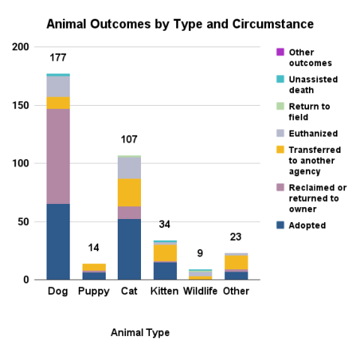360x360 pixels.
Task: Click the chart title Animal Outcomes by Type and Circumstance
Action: (x=180, y=24)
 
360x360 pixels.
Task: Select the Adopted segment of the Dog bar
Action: (x=58, y=241)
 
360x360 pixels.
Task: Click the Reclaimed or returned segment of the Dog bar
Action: (x=58, y=156)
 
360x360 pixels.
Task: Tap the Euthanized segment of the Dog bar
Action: (x=58, y=86)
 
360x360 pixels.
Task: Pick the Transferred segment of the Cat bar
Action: (x=129, y=192)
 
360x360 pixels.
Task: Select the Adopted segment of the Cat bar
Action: (x=129, y=249)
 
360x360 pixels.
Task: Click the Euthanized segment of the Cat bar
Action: (x=129, y=168)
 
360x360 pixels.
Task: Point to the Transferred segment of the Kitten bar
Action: (x=164, y=253)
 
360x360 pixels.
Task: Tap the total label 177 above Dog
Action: (x=58, y=58)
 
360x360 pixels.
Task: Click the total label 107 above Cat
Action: (x=129, y=139)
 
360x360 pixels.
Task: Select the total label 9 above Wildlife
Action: (x=199, y=253)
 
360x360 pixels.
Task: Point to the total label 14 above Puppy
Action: (x=94, y=248)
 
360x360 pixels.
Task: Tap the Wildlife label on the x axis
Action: (x=199, y=291)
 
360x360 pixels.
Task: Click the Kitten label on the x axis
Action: (x=164, y=291)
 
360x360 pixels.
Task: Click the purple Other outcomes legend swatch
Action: (x=280, y=52)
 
